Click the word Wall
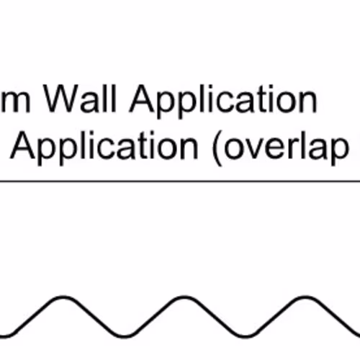coord(80,99)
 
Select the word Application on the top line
coord(223,102)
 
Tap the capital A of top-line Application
coord(143,99)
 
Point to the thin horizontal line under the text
coord(180,181)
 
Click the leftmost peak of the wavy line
coord(63,298)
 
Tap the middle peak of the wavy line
coord(184,298)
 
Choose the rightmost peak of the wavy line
coord(305,298)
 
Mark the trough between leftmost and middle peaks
coord(124,336)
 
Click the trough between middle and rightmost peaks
coord(245,336)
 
